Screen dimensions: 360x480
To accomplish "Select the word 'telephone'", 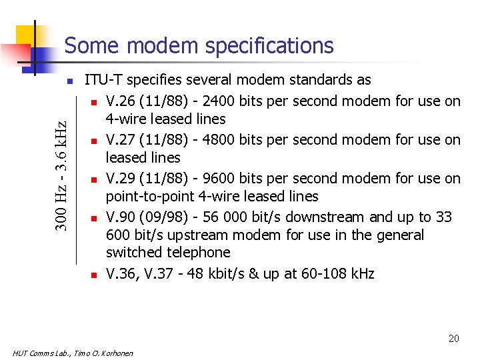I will pyautogui.click(x=199, y=253).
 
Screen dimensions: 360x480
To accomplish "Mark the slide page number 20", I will pyautogui.click(x=453, y=339).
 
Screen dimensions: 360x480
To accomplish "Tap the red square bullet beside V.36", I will pyautogui.click(x=95, y=275).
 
